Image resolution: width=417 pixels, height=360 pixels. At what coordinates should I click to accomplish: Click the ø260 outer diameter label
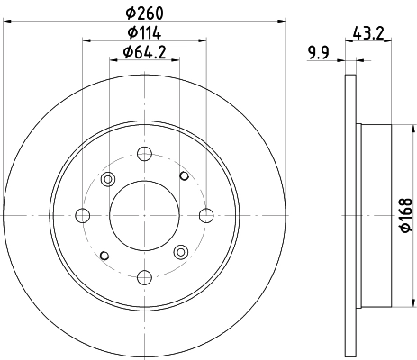(x=144, y=13)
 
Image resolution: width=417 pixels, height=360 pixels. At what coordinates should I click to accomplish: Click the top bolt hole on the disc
(x=144, y=152)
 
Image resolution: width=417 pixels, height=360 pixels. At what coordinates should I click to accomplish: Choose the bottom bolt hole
(x=144, y=275)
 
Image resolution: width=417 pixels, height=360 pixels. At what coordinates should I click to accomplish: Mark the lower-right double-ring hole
(x=180, y=251)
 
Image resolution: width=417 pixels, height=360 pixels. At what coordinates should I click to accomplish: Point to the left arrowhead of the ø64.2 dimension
(x=114, y=60)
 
